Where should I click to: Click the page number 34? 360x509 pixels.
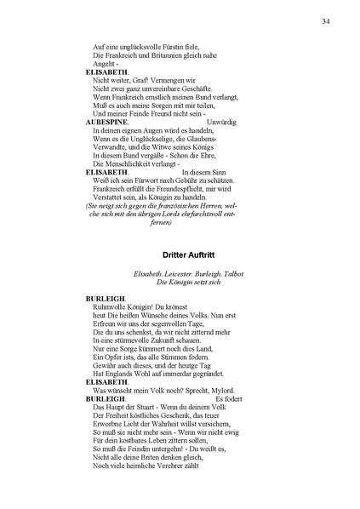click(327, 21)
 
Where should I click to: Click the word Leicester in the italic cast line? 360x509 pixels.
click(181, 272)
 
